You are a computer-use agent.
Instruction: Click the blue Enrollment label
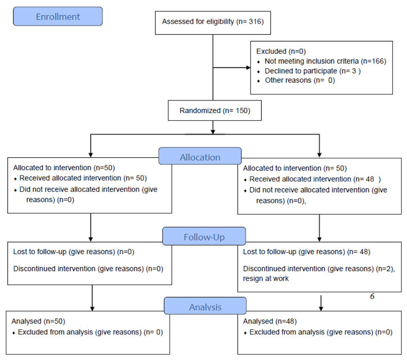pyautogui.click(x=58, y=16)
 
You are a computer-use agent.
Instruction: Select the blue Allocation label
pyautogui.click(x=200, y=156)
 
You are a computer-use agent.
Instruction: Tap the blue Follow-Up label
pyautogui.click(x=204, y=236)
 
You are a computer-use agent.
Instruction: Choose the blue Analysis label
pyautogui.click(x=205, y=306)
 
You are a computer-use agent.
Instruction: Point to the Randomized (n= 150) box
pyautogui.click(x=215, y=110)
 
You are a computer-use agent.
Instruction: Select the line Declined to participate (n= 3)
pyautogui.click(x=312, y=71)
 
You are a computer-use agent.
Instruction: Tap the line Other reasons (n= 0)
pyautogui.click(x=300, y=80)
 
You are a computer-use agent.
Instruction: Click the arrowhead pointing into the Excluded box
pyautogui.click(x=248, y=68)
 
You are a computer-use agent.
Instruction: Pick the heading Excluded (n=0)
pyautogui.click(x=281, y=51)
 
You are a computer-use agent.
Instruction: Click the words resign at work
pyautogui.click(x=265, y=279)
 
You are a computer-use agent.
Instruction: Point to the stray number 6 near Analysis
pyautogui.click(x=372, y=296)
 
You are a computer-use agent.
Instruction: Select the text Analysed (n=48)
pyautogui.click(x=270, y=321)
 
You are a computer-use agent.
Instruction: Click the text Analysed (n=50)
pyautogui.click(x=38, y=321)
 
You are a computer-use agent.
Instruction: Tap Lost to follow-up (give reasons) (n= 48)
pyautogui.click(x=307, y=252)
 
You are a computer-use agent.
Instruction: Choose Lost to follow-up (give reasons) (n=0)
pyautogui.click(x=74, y=252)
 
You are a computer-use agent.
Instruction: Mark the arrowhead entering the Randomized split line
pyautogui.click(x=213, y=132)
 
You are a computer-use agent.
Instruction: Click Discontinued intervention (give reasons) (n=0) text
pyautogui.click(x=88, y=269)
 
